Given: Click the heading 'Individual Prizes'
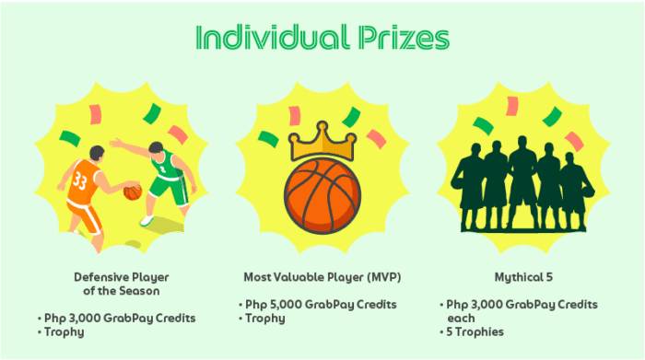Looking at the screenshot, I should point(322,38).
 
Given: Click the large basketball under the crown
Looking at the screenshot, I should point(322,195).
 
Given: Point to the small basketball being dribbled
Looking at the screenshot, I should point(132,192).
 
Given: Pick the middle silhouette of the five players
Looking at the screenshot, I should point(522,184).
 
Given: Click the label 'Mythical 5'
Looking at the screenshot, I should point(522,275).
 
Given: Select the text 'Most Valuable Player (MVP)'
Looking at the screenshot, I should point(322,275).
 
